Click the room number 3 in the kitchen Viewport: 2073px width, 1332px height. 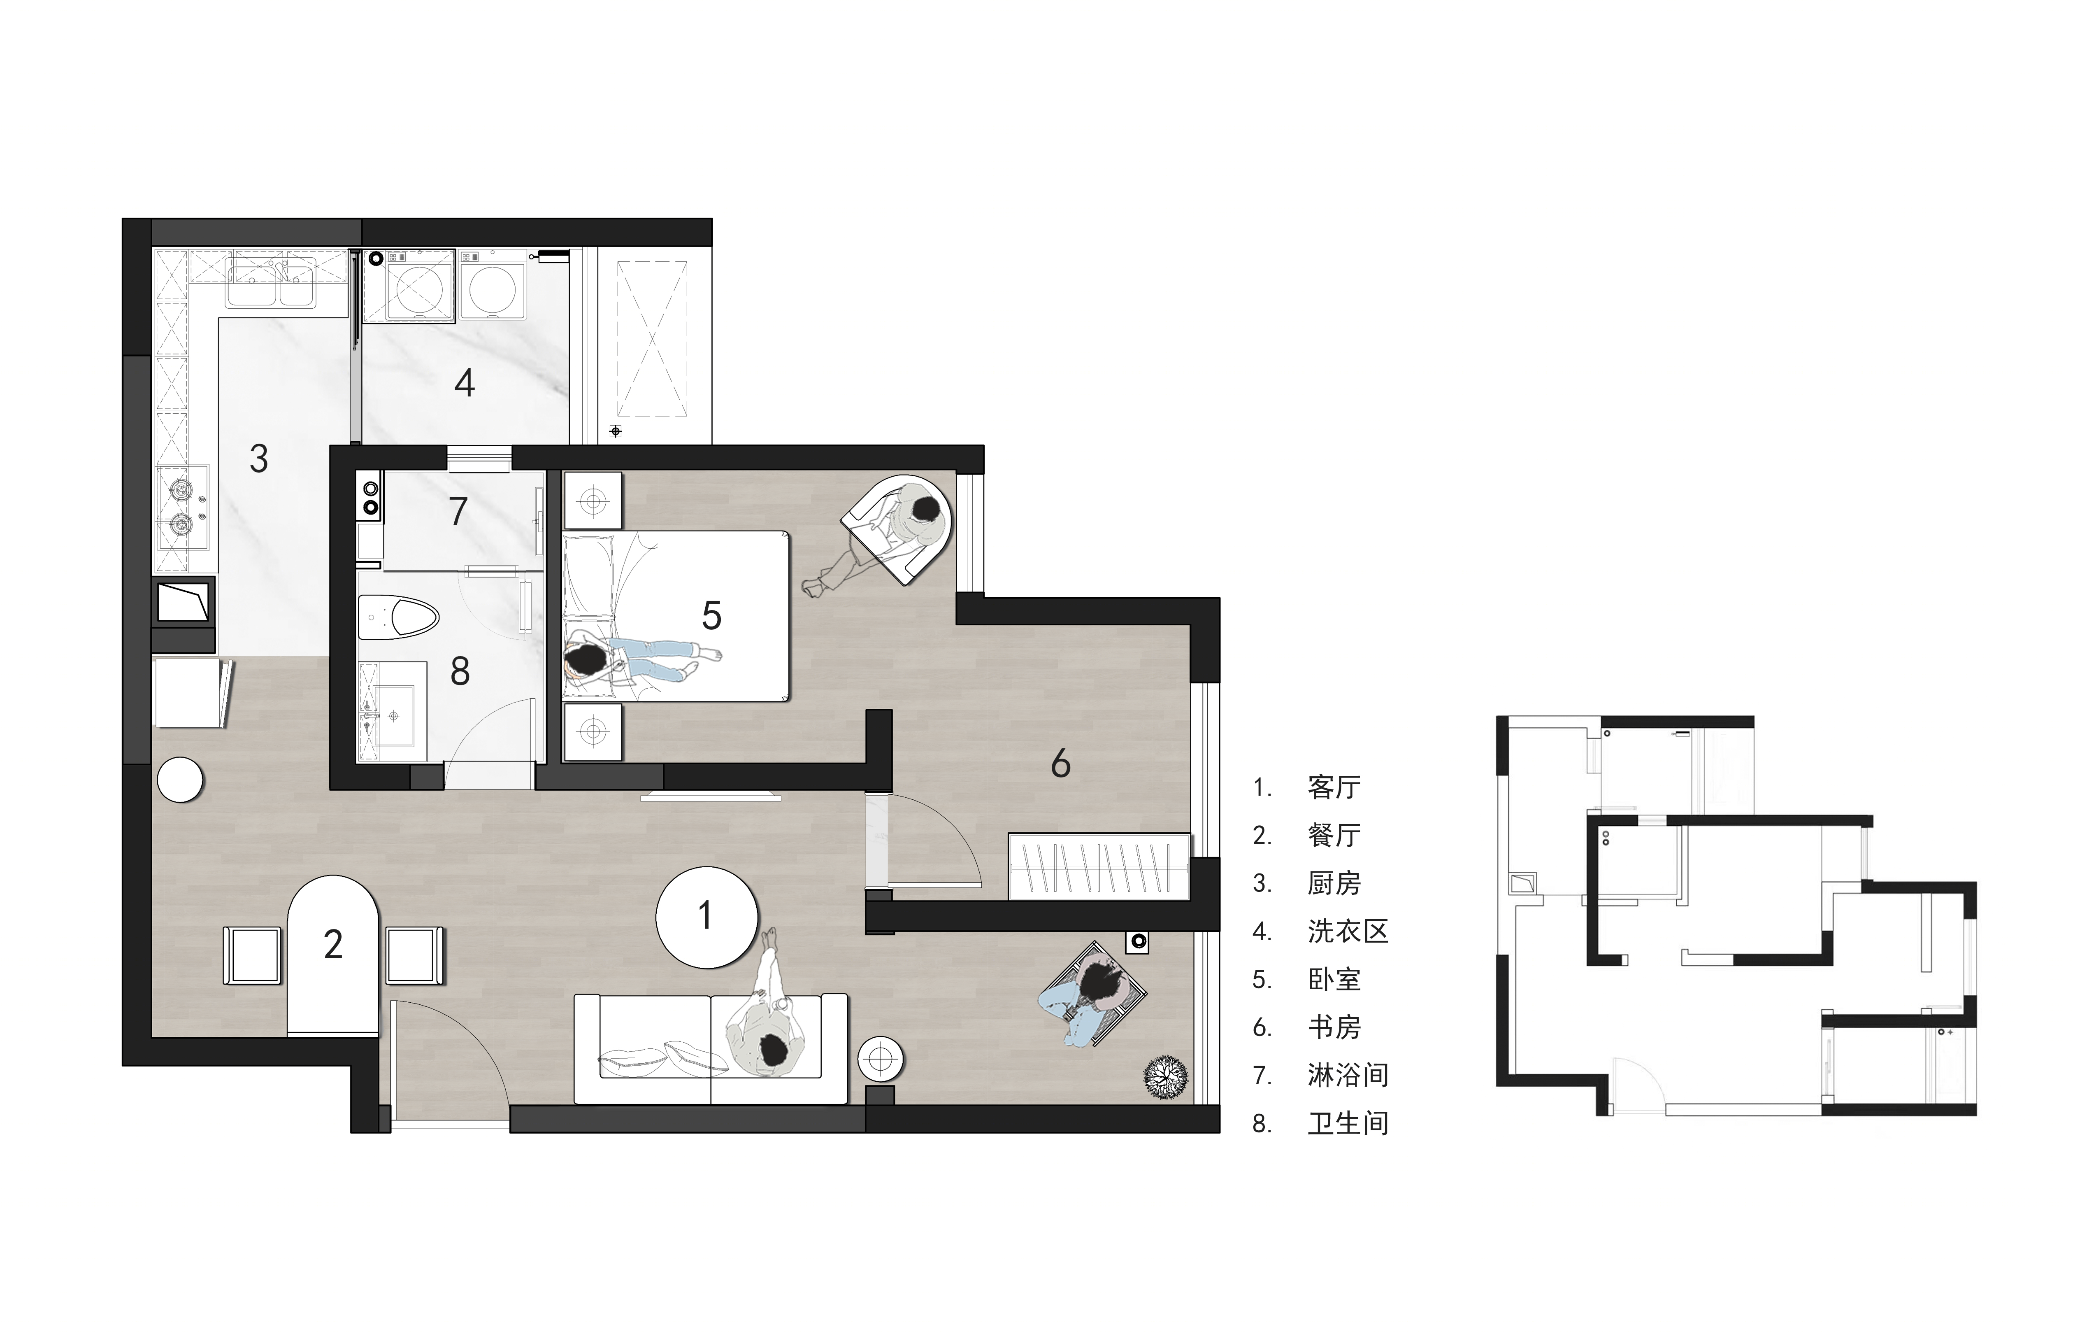click(258, 459)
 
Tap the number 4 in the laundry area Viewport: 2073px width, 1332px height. click(464, 382)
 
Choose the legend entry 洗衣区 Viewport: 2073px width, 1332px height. click(1348, 931)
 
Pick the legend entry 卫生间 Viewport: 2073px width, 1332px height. click(1348, 1124)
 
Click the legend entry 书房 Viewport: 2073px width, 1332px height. click(1334, 1027)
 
